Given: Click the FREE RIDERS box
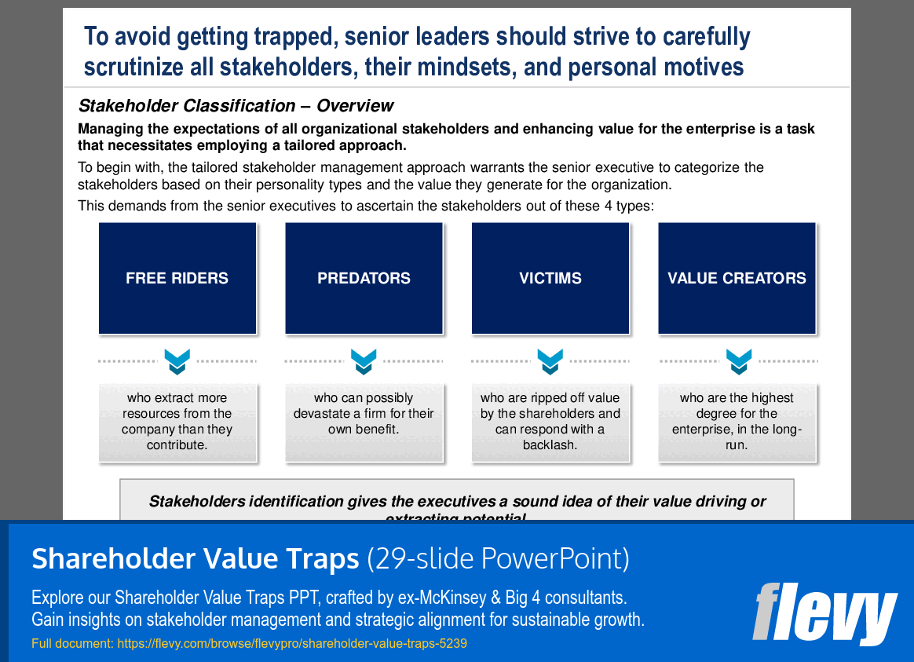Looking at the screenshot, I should coord(177,278).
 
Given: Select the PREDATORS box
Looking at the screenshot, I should coord(364,278).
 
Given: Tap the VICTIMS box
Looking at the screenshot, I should coord(550,278).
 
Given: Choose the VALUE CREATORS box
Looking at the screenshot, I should coord(737,278).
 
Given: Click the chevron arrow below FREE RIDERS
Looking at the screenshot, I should coord(177,361).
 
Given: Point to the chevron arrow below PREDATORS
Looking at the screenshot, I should coord(364,361).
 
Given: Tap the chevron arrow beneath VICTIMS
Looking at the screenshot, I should coord(550,361).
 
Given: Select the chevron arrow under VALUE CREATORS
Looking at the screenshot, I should coord(738,361).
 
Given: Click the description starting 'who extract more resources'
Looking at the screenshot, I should coord(177,422).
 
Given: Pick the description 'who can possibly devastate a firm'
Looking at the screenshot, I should coord(364,414).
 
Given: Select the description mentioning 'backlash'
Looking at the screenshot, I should coord(550,422).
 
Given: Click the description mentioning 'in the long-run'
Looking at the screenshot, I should coord(737,422).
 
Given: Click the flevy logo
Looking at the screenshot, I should coord(824,613).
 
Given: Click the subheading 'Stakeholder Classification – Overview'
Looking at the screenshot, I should coord(236,105).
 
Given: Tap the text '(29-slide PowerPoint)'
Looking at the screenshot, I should coord(498,559).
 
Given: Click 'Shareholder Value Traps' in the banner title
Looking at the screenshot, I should coord(195,559).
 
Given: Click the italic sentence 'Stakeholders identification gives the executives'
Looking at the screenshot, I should coord(457,501).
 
